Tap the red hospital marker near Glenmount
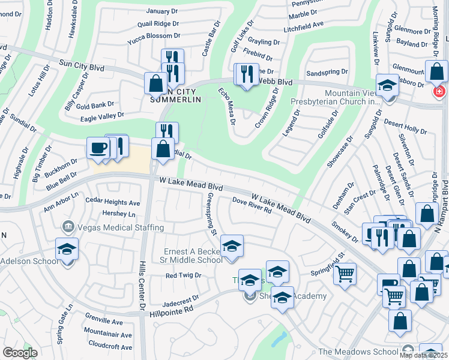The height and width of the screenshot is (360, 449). click(x=439, y=91)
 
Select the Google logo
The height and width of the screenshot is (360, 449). click(x=20, y=352)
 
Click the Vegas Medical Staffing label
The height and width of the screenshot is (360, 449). click(x=113, y=227)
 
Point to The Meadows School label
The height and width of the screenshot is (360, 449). click(x=358, y=352)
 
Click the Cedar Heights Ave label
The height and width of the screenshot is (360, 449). click(x=113, y=203)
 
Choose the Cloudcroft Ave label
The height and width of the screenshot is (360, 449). click(x=110, y=347)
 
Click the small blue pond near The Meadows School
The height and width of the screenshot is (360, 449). click(x=279, y=340)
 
